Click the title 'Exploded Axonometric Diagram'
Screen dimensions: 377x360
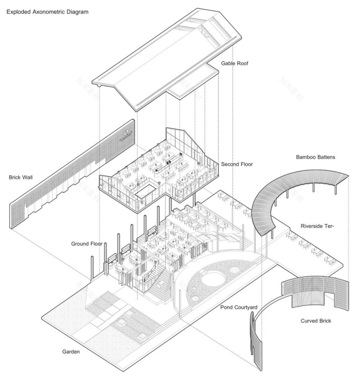pyautogui.click(x=47, y=12)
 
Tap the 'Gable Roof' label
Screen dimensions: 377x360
pyautogui.click(x=235, y=63)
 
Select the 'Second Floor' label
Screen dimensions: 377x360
pyautogui.click(x=237, y=164)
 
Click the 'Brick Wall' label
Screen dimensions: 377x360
pyautogui.click(x=21, y=177)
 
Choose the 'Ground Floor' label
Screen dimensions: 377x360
pyautogui.click(x=86, y=244)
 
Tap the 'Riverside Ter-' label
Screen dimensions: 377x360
pyautogui.click(x=317, y=226)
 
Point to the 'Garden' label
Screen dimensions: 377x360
pyautogui.click(x=71, y=351)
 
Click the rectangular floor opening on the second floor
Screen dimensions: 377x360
pyautogui.click(x=147, y=191)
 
